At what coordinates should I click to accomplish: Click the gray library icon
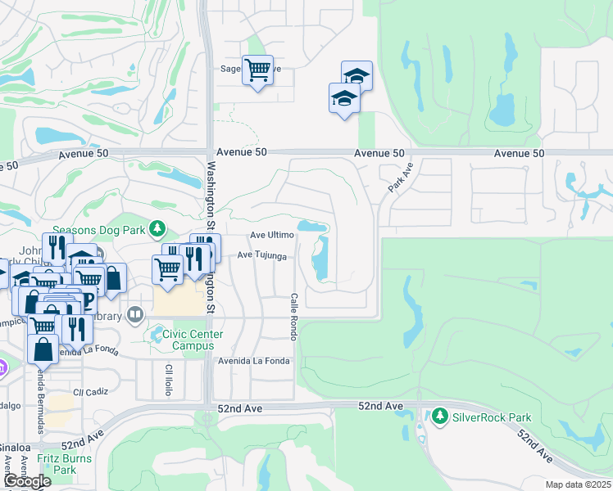(x=137, y=314)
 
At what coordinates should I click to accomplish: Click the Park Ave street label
(x=399, y=177)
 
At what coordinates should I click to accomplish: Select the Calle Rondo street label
(x=293, y=317)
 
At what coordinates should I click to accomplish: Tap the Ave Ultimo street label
(x=271, y=235)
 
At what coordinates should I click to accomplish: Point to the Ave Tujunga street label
(x=262, y=255)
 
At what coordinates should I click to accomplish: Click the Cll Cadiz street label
(x=90, y=392)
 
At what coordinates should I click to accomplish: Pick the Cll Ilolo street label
(x=169, y=379)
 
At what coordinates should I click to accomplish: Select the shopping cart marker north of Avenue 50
(x=257, y=70)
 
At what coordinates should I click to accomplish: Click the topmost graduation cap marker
(x=356, y=75)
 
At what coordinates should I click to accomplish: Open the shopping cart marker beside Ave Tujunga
(x=167, y=268)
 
